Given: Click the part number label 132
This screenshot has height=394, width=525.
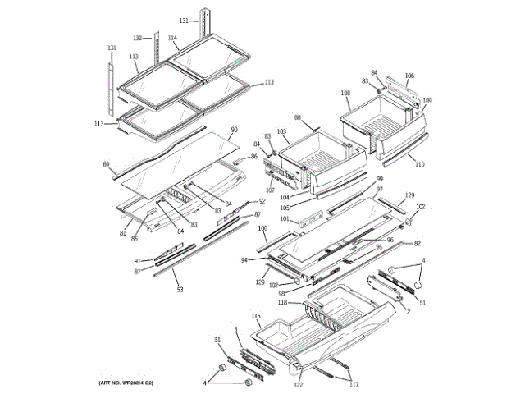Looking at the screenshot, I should tap(137, 38).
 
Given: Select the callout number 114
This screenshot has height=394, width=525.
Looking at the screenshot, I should tap(172, 38).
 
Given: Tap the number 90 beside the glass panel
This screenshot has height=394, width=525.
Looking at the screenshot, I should tap(234, 130).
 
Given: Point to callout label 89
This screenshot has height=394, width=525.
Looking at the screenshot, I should tap(106, 164).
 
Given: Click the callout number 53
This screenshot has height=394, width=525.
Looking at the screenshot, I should tap(180, 290).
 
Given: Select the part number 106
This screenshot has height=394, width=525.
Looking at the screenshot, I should tap(409, 76).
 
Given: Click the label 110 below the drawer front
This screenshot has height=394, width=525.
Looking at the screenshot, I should tap(420, 165).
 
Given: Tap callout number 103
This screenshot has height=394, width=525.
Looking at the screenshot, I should tap(281, 131).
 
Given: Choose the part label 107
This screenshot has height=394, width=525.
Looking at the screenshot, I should tap(270, 190).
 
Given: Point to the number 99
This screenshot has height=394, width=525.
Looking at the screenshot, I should tap(380, 179).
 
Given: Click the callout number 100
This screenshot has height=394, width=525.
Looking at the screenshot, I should tap(262, 228).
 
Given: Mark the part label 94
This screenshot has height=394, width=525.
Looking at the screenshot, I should tap(244, 260).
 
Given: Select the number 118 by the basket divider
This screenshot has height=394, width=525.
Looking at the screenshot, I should tap(281, 302).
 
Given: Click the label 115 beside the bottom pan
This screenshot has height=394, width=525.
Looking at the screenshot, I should tap(256, 316).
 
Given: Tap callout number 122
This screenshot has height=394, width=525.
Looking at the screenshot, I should tap(299, 384).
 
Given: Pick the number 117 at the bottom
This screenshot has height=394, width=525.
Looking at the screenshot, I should tap(354, 384).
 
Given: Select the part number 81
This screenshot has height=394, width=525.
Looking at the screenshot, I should tap(123, 232).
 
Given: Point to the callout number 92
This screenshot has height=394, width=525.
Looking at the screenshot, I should tap(262, 201).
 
